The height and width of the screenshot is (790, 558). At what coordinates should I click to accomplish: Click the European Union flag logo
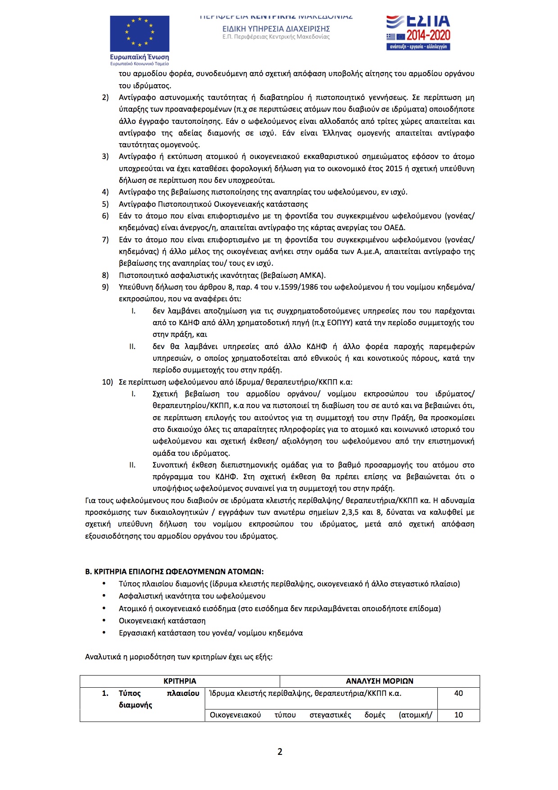point(140,34)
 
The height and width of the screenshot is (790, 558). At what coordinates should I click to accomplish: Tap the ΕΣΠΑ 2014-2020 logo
point(418,32)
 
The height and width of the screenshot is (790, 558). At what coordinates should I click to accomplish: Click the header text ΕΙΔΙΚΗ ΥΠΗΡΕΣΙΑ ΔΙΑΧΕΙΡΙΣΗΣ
point(276,29)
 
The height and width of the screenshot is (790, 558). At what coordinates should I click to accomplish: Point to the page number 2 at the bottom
point(280,752)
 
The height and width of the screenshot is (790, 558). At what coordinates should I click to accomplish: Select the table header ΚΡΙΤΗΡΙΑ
point(180,681)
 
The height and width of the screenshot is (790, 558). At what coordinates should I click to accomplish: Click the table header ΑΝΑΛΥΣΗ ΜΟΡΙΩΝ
point(379,681)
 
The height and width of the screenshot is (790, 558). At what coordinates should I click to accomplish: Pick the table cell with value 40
point(458,693)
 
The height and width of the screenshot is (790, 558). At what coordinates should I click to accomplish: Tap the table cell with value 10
point(458,715)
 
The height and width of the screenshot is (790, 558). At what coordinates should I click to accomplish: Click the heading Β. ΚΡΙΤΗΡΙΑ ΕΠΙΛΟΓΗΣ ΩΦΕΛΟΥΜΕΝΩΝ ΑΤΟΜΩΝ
point(174,572)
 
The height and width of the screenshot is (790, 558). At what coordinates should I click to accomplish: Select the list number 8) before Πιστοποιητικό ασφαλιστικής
point(105,275)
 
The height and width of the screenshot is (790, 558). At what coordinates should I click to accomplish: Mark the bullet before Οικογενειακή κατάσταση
point(104,620)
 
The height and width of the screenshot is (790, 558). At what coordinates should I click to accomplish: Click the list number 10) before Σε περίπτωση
point(107,382)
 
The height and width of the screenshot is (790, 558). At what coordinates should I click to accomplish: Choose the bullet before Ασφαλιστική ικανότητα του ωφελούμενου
point(104,595)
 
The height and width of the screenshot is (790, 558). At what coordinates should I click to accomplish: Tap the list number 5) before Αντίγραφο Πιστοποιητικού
point(105,204)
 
